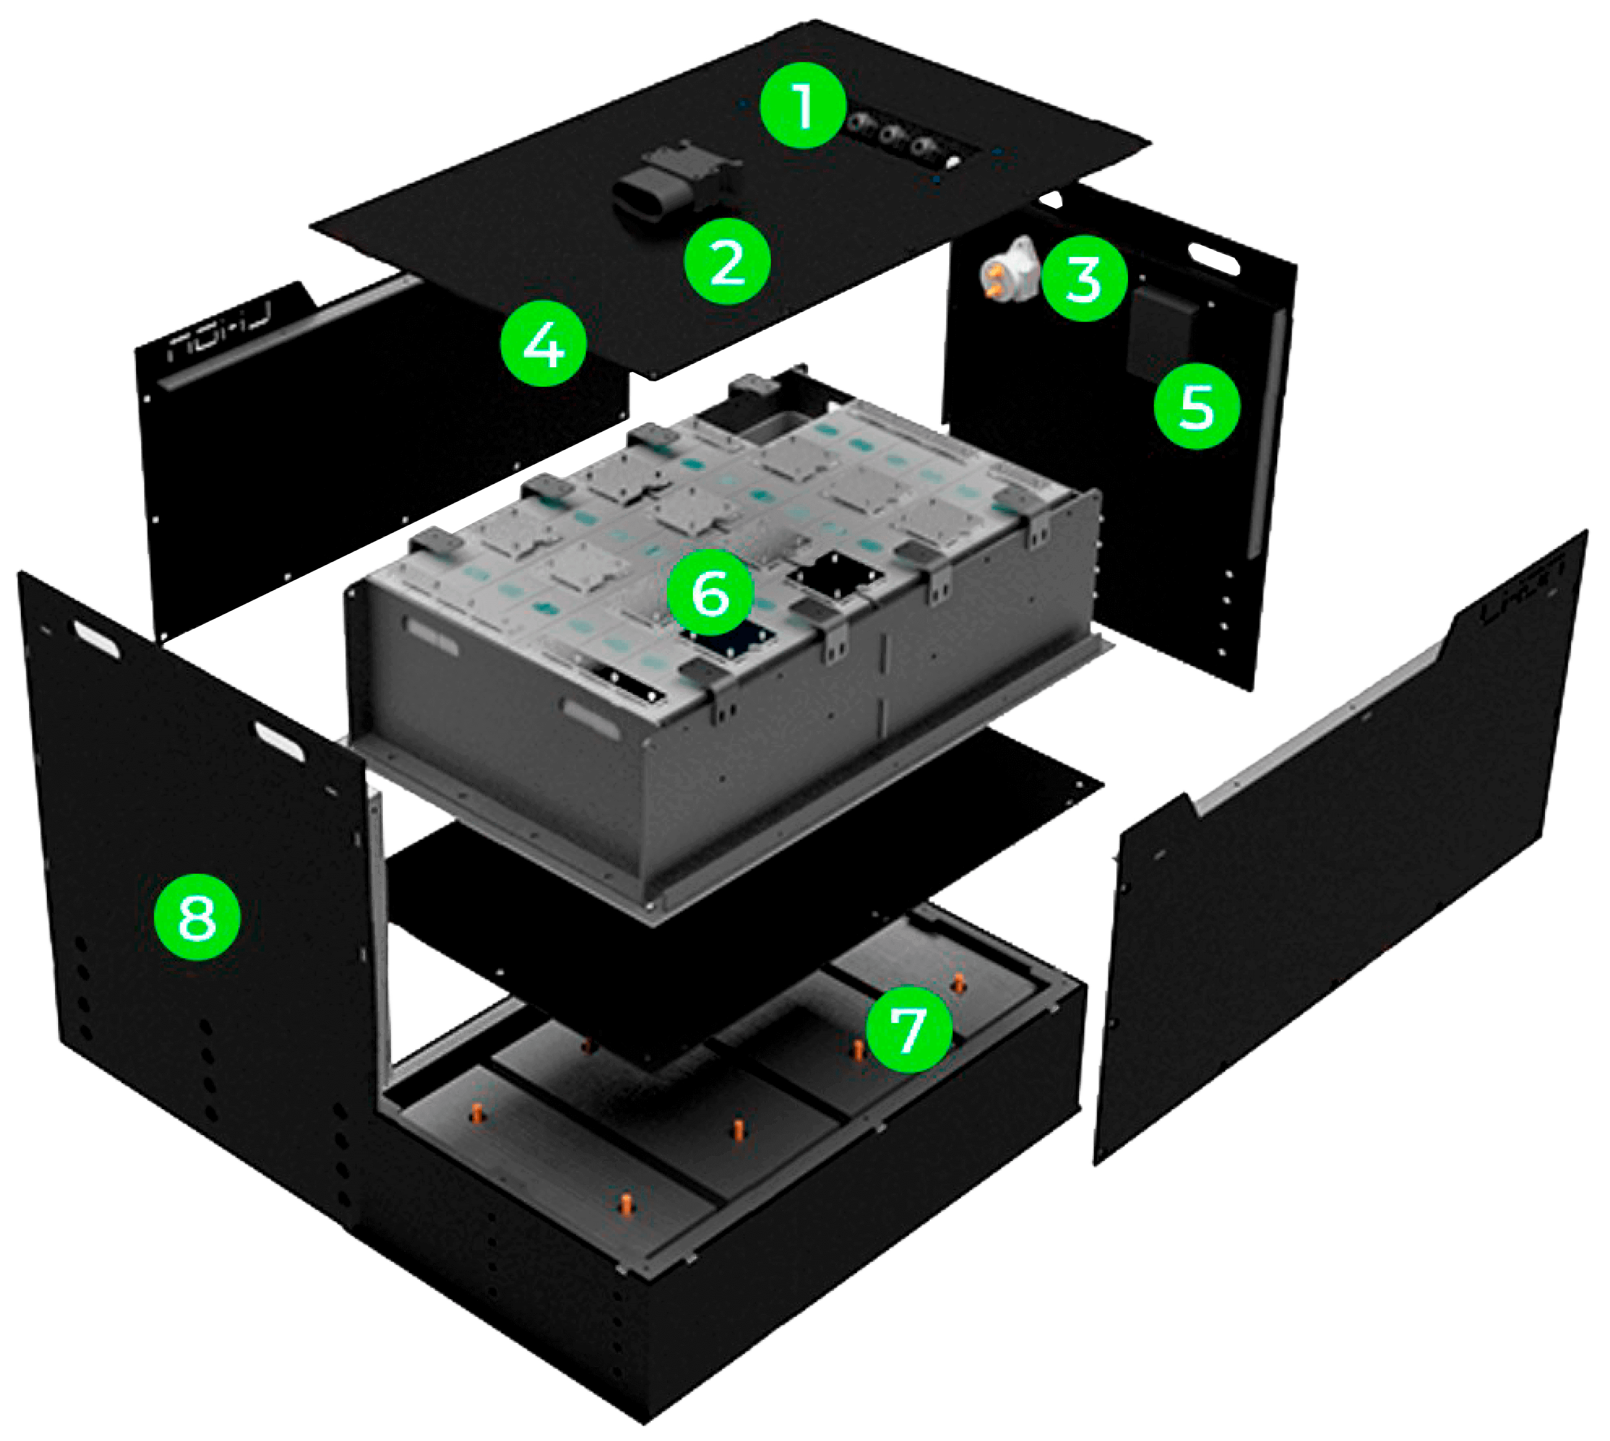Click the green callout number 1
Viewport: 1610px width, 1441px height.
tap(803, 107)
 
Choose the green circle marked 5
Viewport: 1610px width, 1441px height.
tap(1197, 406)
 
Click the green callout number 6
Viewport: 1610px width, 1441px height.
tap(710, 593)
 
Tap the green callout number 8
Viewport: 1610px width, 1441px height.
tap(197, 918)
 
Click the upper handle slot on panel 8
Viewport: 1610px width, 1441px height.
tap(97, 638)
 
